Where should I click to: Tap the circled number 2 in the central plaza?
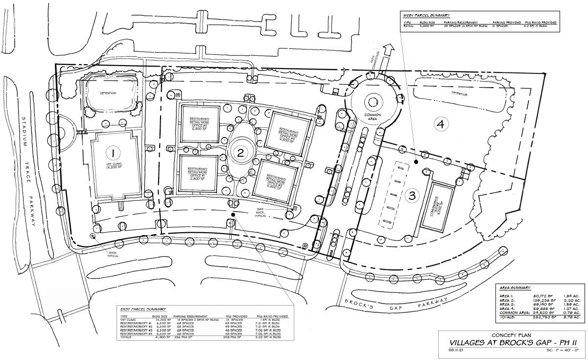[x=240, y=152]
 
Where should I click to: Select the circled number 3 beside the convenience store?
[x=412, y=195]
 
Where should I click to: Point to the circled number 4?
[x=441, y=124]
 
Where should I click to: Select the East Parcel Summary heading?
[x=142, y=310]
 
